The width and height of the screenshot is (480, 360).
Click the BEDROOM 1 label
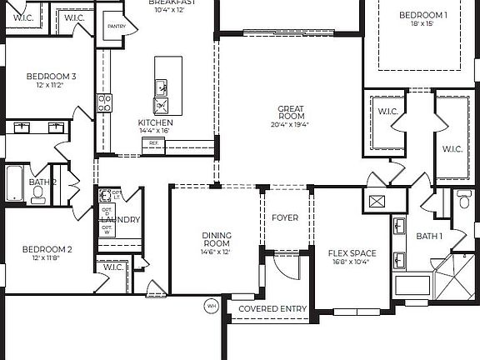422,15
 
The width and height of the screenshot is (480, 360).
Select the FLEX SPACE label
352,253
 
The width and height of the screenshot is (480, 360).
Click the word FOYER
285,218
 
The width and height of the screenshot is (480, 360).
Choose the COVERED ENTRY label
272,309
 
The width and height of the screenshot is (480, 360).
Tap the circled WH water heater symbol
210,306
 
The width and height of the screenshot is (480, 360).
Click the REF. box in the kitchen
153,143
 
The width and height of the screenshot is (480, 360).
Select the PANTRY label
116,26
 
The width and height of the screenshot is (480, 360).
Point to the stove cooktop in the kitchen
106,102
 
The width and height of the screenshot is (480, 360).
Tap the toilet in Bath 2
37,192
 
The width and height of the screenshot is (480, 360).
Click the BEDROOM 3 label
52,77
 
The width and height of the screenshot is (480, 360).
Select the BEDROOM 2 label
47,249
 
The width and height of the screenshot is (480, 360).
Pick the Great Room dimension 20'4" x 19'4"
290,125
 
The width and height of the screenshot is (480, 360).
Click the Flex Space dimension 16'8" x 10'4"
352,262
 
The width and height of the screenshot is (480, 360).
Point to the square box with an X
376,201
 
